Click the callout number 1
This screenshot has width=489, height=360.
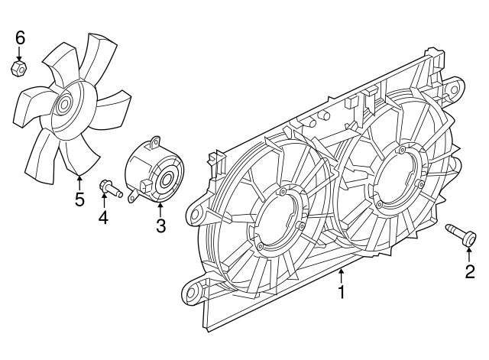(342, 292)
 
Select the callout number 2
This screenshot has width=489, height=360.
(470, 271)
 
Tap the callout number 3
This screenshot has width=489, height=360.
(160, 225)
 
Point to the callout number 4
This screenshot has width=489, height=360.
(102, 218)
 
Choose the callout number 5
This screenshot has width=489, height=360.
(79, 200)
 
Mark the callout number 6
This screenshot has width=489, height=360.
(20, 37)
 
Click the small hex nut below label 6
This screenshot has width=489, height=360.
(20, 69)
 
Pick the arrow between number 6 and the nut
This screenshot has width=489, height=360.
(20, 54)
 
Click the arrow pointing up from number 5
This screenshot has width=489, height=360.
(79, 181)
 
